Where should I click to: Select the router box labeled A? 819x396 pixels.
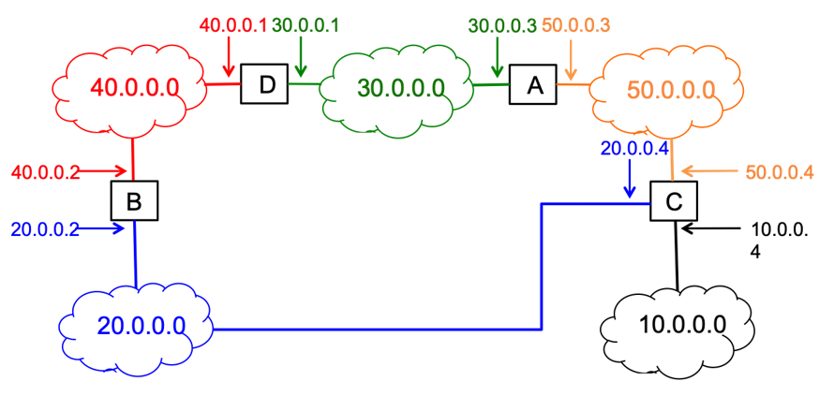point(534,85)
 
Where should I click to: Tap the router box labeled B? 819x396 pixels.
point(134,200)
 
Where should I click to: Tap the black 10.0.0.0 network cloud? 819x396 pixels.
point(677,326)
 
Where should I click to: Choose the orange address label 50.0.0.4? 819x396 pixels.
point(780,172)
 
